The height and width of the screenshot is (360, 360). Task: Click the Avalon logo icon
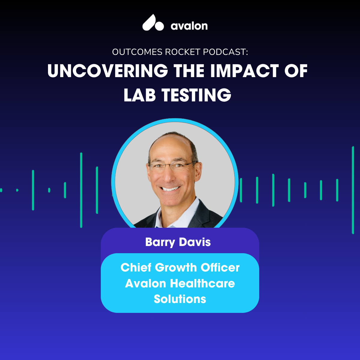point(153,22)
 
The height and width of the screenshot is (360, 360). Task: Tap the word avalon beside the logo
point(189,26)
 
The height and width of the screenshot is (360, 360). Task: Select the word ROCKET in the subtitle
point(182,52)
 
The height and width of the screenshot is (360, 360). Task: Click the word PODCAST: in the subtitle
point(225,52)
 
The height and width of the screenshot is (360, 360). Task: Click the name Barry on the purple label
point(160,242)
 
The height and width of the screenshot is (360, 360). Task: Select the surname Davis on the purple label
point(195,242)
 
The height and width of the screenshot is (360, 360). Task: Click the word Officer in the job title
point(220,267)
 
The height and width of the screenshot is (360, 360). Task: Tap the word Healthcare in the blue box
point(202,283)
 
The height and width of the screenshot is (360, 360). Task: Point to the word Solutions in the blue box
point(180,299)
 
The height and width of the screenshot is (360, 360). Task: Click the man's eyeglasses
point(172,166)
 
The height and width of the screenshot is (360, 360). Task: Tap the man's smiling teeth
point(170,189)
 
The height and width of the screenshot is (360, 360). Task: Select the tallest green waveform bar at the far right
point(353,190)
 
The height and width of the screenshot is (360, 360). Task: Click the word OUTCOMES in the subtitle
point(137,52)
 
